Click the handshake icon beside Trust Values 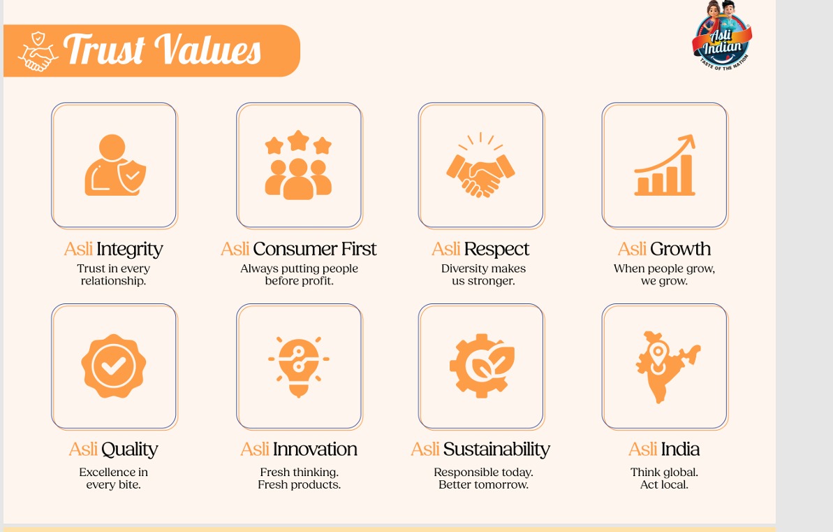[x=38, y=51]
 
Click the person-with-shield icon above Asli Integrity [x=115, y=166]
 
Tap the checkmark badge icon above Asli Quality [x=114, y=366]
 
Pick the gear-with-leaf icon [x=481, y=366]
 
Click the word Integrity [x=129, y=249]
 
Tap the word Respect [x=496, y=249]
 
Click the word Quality [x=129, y=449]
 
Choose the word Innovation [x=315, y=449]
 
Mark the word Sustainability [x=496, y=449]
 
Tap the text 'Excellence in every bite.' [x=114, y=478]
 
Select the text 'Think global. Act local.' [x=664, y=478]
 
